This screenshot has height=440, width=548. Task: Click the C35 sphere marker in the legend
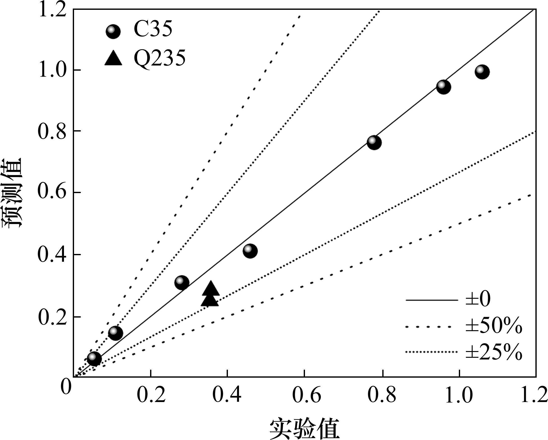coord(113,31)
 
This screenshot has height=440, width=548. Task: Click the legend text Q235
coord(160,58)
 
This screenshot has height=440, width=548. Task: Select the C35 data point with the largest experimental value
coord(482,72)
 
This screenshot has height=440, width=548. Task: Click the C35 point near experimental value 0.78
coord(374,142)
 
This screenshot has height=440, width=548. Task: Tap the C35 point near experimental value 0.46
coord(250,251)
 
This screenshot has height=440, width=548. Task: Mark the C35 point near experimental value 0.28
coord(182,282)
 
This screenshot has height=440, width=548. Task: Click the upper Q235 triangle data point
coord(211,289)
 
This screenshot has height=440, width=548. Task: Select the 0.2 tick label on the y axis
coord(52,317)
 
